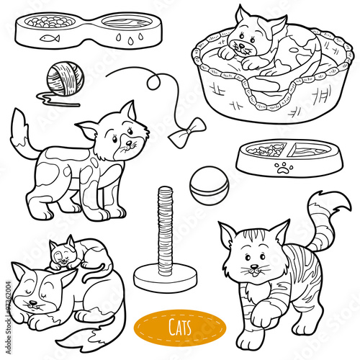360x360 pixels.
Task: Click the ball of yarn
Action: pyautogui.click(x=59, y=75)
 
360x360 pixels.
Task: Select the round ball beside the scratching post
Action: pyautogui.click(x=209, y=185)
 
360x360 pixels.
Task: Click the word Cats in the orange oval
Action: pyautogui.click(x=181, y=328)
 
